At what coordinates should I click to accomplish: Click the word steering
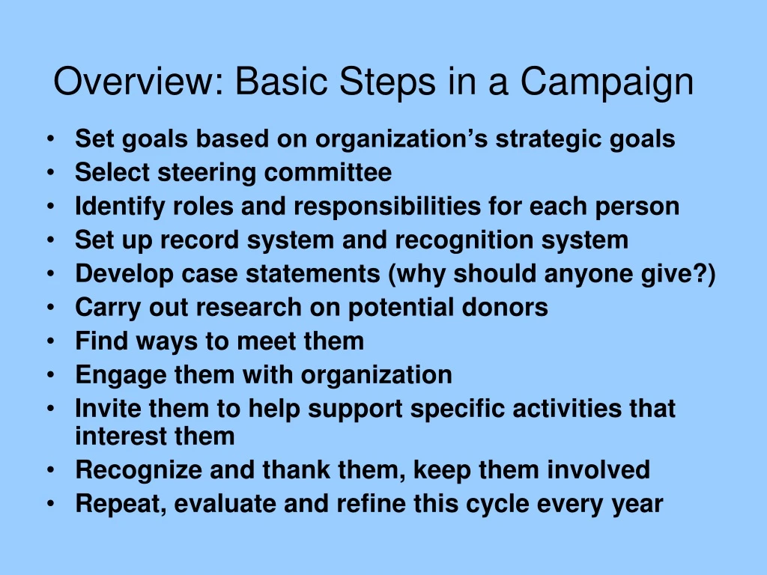click(198, 173)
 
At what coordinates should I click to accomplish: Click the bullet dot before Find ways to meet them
click(49, 341)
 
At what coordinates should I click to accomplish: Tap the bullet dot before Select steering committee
click(49, 173)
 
